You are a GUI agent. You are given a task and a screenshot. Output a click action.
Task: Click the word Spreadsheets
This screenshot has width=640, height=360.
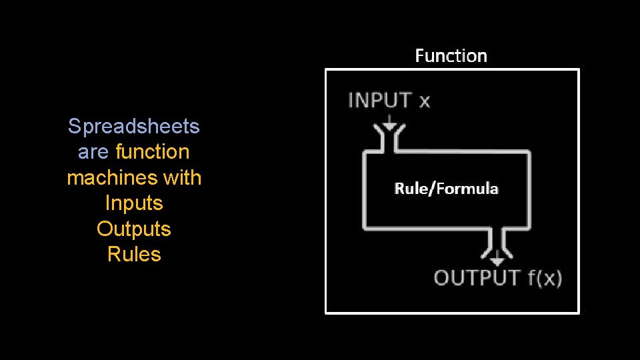tap(134, 126)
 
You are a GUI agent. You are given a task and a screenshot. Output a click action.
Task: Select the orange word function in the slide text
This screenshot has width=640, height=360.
tap(153, 152)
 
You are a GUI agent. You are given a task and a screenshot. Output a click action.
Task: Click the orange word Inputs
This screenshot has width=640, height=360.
tap(134, 203)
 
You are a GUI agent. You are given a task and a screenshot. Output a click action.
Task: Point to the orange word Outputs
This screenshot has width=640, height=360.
tap(134, 229)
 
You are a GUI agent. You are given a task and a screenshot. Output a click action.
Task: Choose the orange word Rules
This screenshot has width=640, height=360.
tap(134, 254)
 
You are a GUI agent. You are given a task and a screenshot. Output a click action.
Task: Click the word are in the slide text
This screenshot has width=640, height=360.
tap(93, 152)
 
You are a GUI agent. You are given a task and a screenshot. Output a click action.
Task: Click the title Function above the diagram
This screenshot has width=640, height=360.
tap(451, 56)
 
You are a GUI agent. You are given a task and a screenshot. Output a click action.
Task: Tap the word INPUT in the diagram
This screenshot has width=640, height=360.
tap(379, 101)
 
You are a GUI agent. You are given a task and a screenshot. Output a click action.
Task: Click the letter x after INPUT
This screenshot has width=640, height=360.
tap(424, 102)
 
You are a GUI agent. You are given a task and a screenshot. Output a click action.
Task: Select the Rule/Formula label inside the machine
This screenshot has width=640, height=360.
tap(446, 189)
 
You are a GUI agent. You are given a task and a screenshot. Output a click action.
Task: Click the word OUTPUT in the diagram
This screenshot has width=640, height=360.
tap(477, 277)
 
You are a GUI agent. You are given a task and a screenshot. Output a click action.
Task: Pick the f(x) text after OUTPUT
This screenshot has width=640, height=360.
tap(545, 277)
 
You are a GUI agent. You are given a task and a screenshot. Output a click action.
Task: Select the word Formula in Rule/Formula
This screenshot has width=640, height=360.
tap(466, 189)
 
